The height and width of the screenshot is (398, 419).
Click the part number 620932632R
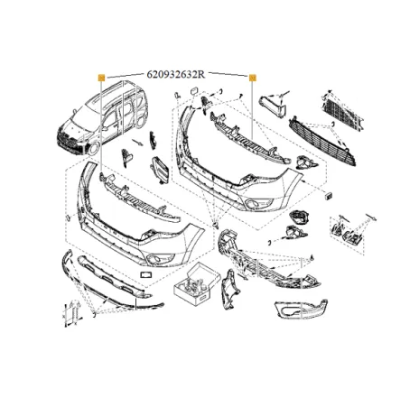[176, 74]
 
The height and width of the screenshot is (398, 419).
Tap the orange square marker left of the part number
[101, 78]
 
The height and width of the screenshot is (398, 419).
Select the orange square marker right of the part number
[253, 78]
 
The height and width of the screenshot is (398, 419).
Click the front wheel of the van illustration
[94, 149]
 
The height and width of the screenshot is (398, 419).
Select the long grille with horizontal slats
[322, 142]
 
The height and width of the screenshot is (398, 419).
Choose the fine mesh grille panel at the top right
[342, 109]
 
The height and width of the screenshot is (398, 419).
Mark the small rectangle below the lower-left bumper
[146, 274]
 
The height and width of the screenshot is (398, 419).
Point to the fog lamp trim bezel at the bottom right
[301, 309]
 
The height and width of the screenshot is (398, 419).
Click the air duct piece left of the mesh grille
[274, 106]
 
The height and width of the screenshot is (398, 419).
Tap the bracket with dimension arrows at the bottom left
[72, 313]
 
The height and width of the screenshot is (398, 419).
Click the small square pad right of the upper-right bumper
[329, 196]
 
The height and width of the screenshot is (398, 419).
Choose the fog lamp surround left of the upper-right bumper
[160, 170]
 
